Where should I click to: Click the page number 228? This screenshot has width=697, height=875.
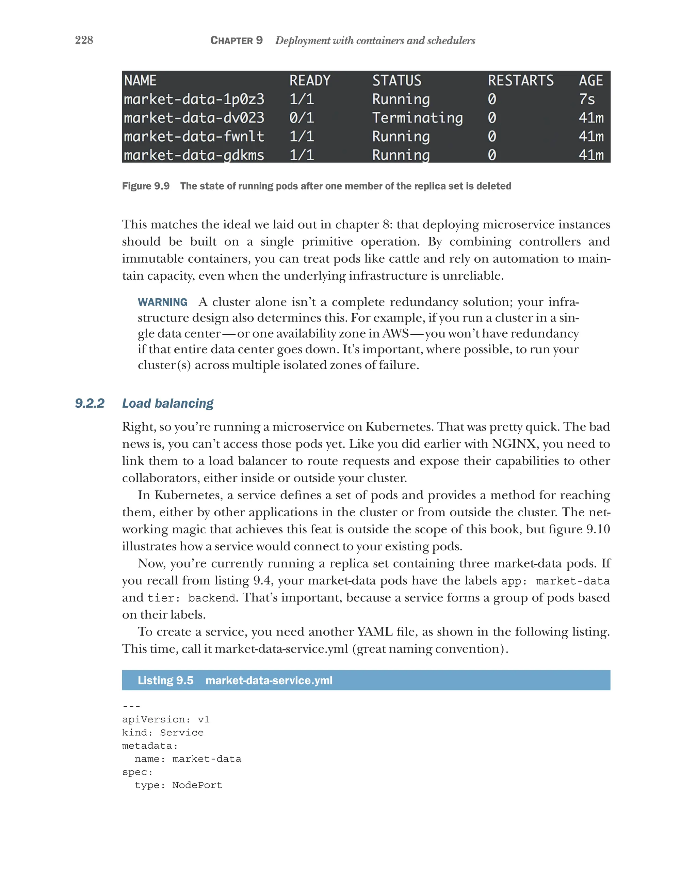[x=84, y=40]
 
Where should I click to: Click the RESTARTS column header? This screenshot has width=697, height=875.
[x=520, y=80]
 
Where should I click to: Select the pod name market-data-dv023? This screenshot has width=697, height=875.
[x=194, y=118]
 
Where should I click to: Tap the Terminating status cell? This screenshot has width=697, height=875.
[x=417, y=118]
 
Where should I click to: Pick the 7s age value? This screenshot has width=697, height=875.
[x=586, y=99]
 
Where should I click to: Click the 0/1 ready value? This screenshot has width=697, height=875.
[x=301, y=118]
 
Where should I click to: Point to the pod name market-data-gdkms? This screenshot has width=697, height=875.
[x=194, y=155]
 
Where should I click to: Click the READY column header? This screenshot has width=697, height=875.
[x=310, y=80]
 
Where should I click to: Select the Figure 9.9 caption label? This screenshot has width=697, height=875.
[x=146, y=186]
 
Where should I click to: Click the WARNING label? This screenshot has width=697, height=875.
[x=162, y=302]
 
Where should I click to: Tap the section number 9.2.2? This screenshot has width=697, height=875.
[x=90, y=403]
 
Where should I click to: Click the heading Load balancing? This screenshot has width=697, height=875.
[x=167, y=403]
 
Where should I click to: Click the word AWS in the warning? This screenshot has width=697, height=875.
[x=395, y=333]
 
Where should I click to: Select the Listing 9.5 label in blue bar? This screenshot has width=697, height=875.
[x=165, y=680]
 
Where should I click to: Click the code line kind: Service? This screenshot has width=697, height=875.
[x=163, y=733]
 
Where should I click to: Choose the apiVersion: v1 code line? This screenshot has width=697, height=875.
[x=165, y=720]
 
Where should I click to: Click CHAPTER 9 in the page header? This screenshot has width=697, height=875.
[x=237, y=40]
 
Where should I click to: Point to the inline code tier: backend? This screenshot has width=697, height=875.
[x=191, y=598]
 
